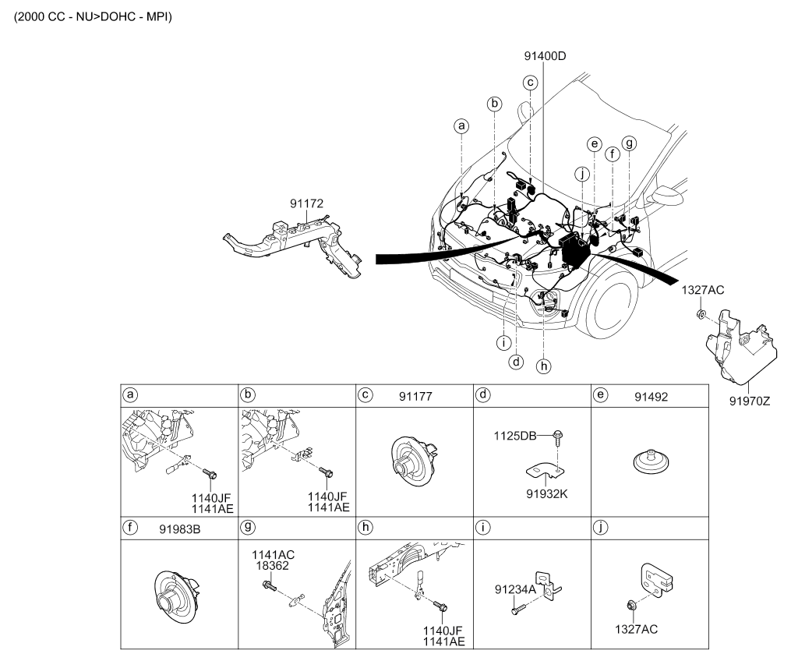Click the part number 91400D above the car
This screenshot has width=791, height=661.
coord(545,55)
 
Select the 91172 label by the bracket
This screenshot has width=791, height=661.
coord(307,203)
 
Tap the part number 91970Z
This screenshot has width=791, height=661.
coord(750,401)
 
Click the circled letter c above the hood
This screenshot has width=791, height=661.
coord(530,83)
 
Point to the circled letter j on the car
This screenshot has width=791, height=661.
coord(582,175)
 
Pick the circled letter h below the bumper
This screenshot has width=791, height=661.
coord(543,366)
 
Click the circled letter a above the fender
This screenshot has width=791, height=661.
coord(461,125)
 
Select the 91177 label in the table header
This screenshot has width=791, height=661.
coord(415,397)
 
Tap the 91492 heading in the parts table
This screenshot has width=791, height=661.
coord(652,397)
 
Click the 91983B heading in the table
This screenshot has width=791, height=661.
coord(179,529)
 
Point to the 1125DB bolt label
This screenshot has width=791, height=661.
coord(515,436)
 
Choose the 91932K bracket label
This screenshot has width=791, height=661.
coord(547,494)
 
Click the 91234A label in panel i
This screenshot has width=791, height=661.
coord(515,589)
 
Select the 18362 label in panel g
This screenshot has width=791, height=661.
coord(273,566)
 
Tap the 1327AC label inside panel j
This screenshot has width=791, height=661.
coord(636,629)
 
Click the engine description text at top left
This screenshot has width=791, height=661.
coord(93,16)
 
